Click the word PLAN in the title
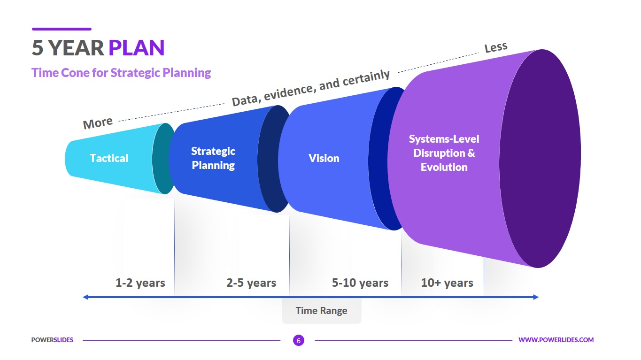136,48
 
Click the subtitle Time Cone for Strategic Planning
121,73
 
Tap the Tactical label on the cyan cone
109,158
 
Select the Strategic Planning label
213,158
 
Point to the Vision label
324,158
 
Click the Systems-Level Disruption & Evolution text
444,153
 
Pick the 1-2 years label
140,283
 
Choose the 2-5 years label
251,283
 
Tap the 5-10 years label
360,283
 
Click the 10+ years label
447,283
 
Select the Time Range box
321,311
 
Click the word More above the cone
98,123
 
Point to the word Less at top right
496,47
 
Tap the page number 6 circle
298,340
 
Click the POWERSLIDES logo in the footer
52,340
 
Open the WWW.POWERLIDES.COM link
556,340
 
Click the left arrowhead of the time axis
85,297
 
